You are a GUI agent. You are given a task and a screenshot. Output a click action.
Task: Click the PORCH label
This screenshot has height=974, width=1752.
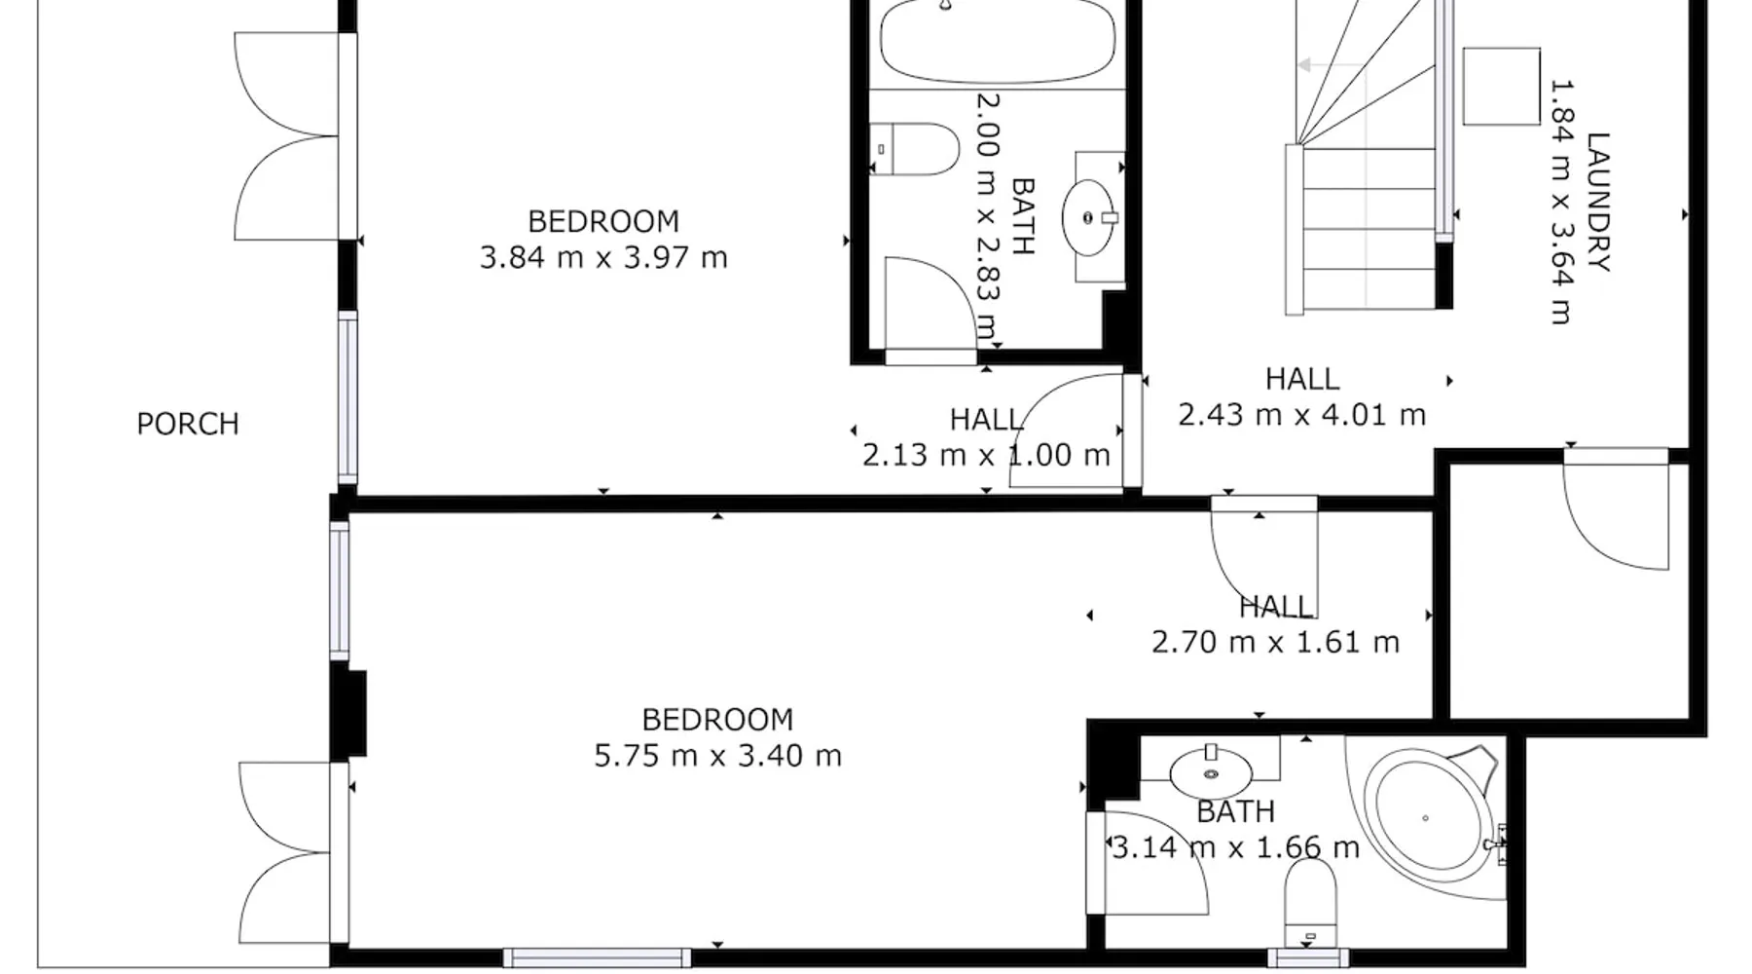[x=188, y=424]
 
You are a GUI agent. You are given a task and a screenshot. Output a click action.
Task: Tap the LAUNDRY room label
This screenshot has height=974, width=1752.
[x=1598, y=202]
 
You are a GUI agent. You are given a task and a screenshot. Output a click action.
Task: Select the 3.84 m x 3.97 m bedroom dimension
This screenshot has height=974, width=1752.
[x=603, y=257]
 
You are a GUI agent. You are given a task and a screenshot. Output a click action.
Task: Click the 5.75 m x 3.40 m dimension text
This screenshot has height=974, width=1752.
[x=718, y=756]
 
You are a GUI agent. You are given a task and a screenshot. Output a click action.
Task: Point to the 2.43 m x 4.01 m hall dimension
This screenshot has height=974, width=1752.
[x=1302, y=415]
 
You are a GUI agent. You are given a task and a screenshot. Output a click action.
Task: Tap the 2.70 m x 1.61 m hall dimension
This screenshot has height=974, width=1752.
[x=1276, y=642]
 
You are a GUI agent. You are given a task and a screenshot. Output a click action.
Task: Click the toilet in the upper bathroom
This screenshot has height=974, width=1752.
[x=914, y=149]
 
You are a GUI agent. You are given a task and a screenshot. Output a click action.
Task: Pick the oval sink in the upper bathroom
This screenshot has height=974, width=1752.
[x=1088, y=217]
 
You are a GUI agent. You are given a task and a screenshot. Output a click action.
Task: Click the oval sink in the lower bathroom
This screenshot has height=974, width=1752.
[x=1211, y=773]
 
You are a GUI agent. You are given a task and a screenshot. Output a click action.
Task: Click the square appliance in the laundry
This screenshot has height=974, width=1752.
[x=1502, y=86]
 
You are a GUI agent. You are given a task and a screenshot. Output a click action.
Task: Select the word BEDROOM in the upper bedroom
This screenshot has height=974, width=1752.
[x=603, y=222]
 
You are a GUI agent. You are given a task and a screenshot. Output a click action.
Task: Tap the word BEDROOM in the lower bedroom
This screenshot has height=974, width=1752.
[x=718, y=720]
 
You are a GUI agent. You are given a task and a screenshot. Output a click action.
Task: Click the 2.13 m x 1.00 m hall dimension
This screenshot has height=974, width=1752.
[x=987, y=455]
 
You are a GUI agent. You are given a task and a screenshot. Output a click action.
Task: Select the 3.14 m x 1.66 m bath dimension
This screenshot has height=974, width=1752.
[x=1235, y=847]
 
